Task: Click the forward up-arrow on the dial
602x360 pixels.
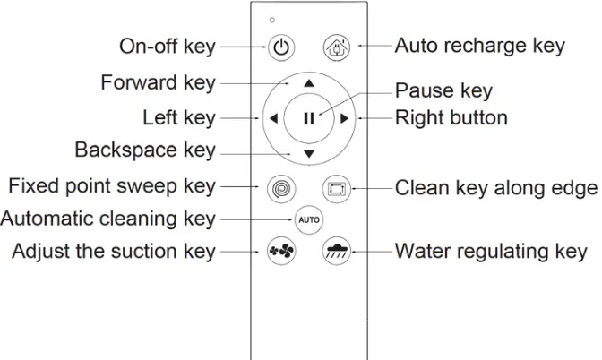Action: coord(308,82)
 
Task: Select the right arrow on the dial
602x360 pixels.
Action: coord(345,118)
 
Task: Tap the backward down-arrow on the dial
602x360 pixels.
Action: coord(308,154)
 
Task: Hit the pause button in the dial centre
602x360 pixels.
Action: coord(308,118)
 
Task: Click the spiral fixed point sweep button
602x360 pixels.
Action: coord(280,189)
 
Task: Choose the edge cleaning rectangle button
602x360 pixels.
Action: coord(335,189)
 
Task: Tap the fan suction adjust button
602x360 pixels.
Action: coord(280,252)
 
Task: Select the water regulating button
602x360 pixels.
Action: coord(335,252)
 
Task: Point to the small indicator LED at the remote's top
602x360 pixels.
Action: coord(272,20)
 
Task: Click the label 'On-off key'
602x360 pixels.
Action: coord(168,47)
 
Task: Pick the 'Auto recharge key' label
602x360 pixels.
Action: coord(479,46)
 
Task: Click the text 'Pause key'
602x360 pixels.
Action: coord(443,91)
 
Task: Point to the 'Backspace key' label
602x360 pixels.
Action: coord(145,149)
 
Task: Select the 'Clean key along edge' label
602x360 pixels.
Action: coord(495,188)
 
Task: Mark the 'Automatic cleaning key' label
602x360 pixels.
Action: coord(108,219)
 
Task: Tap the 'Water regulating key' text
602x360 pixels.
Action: coord(491,252)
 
